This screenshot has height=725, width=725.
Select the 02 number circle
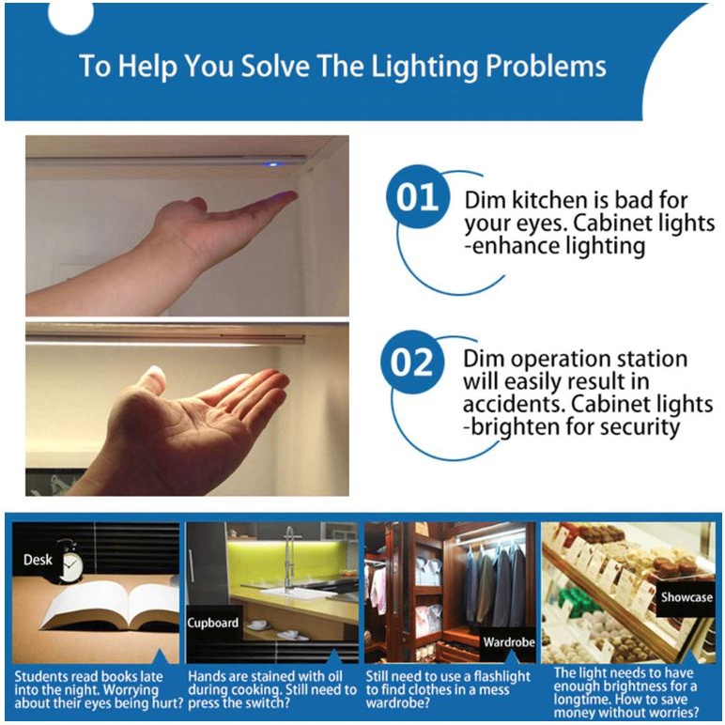pos(411,362)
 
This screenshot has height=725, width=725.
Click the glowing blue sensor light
pos(272,164)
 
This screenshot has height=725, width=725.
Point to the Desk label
pos(38,560)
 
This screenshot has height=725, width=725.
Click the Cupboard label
pos(212,624)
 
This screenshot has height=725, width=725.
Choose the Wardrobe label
pos(509,642)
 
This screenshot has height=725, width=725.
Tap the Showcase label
pos(686,597)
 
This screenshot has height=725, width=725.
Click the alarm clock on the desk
pos(70,561)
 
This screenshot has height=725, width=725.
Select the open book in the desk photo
pos(111,606)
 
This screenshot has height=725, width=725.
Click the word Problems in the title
pos(546,66)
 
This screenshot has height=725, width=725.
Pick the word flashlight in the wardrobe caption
pos(502,676)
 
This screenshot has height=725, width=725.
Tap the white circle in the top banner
pos(70,18)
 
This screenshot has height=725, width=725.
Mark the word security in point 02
pos(645,427)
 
